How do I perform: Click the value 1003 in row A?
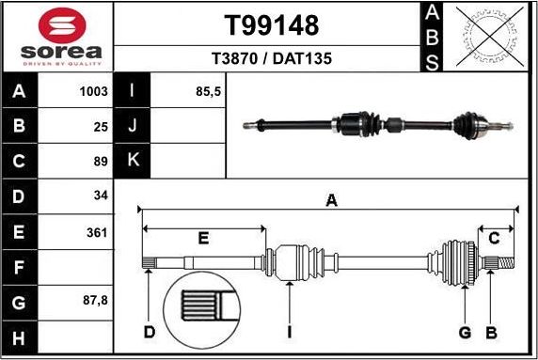94,91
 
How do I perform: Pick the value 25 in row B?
101,126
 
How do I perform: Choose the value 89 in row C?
101,161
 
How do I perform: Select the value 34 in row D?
101,196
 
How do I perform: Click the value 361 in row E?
96,232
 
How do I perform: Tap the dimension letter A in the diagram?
330,200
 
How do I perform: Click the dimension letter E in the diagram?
203,239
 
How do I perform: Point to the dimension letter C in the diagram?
494,239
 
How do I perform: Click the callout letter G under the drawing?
464,333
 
